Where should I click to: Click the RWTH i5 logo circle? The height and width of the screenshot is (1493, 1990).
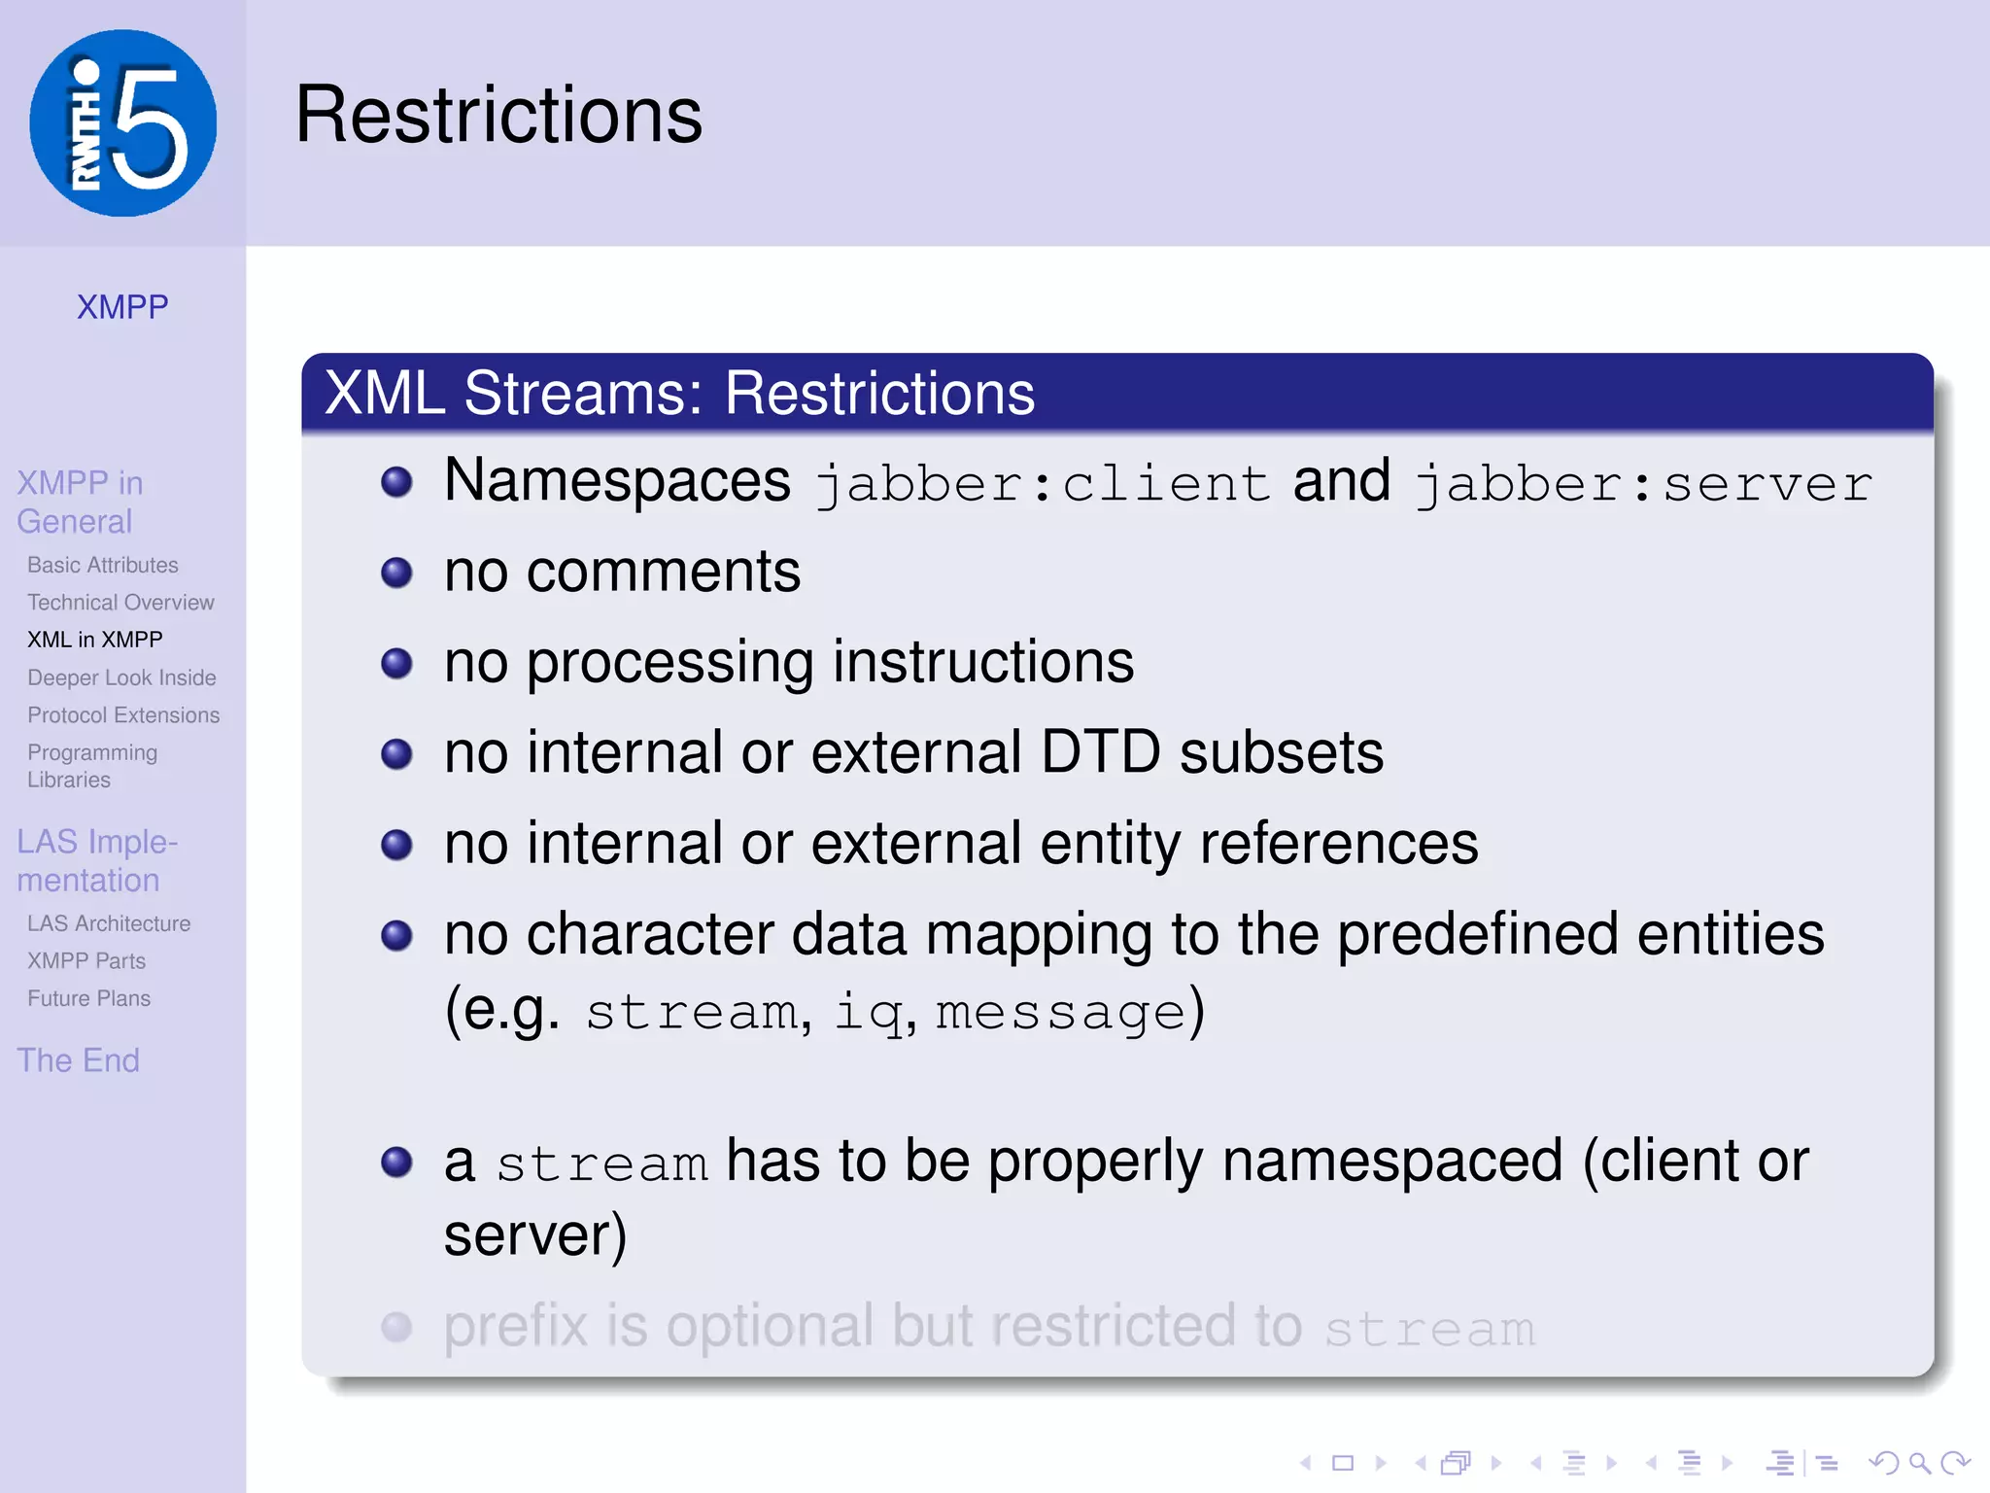123,123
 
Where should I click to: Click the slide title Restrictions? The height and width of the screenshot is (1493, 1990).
498,116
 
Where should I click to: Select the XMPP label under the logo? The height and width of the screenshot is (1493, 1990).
122,307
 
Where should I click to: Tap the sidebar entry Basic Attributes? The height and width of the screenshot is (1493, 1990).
103,565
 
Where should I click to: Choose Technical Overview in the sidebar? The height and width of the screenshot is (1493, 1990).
120,603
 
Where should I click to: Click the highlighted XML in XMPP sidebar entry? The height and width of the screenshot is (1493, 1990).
95,640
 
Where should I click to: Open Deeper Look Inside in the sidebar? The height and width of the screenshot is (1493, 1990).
121,677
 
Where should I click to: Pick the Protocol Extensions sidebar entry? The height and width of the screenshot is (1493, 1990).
123,715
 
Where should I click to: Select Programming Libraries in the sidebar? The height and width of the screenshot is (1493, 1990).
92,766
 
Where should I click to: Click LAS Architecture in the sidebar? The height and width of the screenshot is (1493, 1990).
109,923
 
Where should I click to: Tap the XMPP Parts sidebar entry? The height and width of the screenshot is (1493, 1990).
86,961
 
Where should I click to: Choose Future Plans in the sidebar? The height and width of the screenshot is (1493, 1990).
89,998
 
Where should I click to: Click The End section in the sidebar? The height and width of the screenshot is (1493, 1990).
79,1060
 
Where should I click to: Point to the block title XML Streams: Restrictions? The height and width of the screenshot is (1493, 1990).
680,394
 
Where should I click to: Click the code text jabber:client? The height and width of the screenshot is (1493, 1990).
1043,483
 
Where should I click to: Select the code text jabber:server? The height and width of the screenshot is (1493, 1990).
1642,483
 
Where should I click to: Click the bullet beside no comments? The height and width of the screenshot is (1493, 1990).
396,572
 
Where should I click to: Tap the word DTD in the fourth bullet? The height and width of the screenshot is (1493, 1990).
1100,752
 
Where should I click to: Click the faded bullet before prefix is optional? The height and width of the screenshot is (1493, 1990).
396,1327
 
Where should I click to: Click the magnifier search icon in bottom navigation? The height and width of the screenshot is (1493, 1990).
1919,1463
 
